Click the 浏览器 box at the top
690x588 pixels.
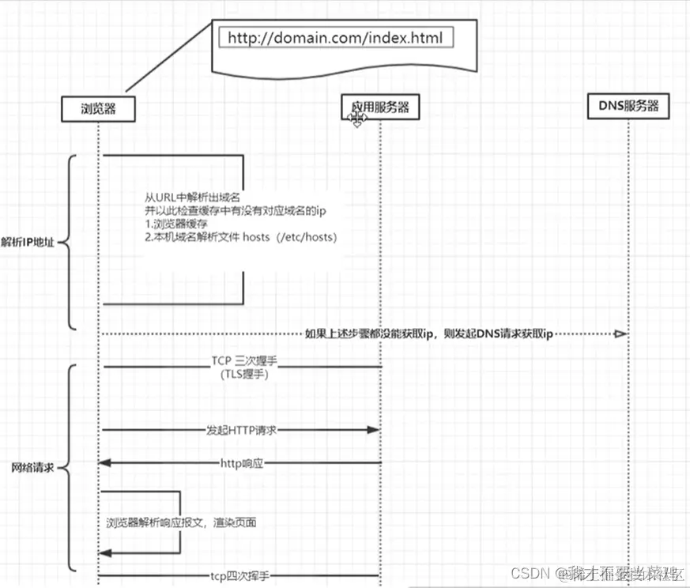(x=98, y=109)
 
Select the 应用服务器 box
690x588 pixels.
(x=380, y=107)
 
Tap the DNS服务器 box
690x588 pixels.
(x=628, y=105)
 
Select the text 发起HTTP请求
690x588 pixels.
(x=241, y=430)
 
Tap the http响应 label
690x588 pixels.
(x=241, y=462)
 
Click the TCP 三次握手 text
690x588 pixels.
(x=244, y=360)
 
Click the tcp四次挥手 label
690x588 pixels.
(x=241, y=577)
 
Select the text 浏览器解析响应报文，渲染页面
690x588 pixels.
(x=181, y=522)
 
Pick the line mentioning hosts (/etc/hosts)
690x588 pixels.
(x=239, y=236)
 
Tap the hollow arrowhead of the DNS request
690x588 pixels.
(x=620, y=334)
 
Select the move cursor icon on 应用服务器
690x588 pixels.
(x=357, y=119)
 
